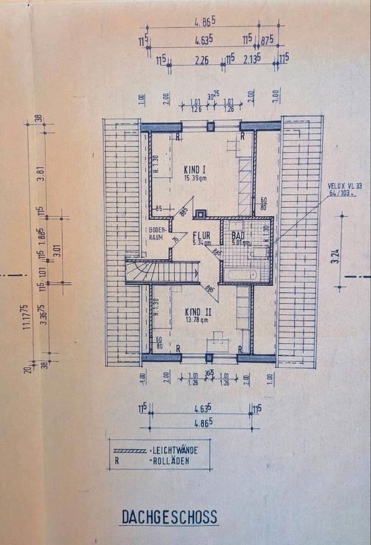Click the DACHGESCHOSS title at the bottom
[169, 517]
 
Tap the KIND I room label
[196, 170]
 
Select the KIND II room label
[197, 312]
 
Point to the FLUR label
[203, 235]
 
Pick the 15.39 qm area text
[196, 178]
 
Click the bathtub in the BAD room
[241, 274]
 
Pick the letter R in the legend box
[117, 461]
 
